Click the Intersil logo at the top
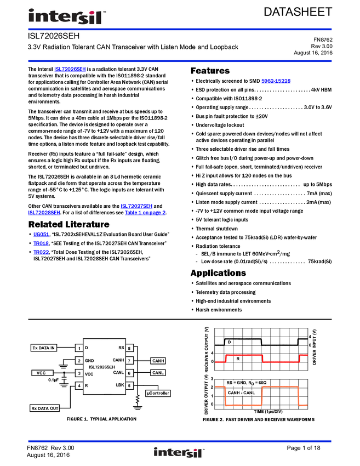(x=67, y=18)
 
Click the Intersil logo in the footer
(x=179, y=453)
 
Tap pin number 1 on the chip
(x=79, y=348)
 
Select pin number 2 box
(x=79, y=361)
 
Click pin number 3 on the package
(x=79, y=373)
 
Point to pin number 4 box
(x=79, y=386)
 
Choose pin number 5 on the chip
(x=129, y=386)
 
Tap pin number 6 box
(x=129, y=373)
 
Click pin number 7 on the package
(x=129, y=361)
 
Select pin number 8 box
(x=129, y=348)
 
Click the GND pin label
(x=90, y=361)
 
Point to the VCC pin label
(x=89, y=373)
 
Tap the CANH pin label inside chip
(x=118, y=360)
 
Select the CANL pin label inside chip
(x=118, y=372)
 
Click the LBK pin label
(x=120, y=385)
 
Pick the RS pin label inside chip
(x=121, y=348)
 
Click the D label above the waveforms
(x=229, y=343)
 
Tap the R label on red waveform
(x=238, y=359)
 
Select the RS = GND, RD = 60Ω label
(x=246, y=383)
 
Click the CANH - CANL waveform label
(x=241, y=393)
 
